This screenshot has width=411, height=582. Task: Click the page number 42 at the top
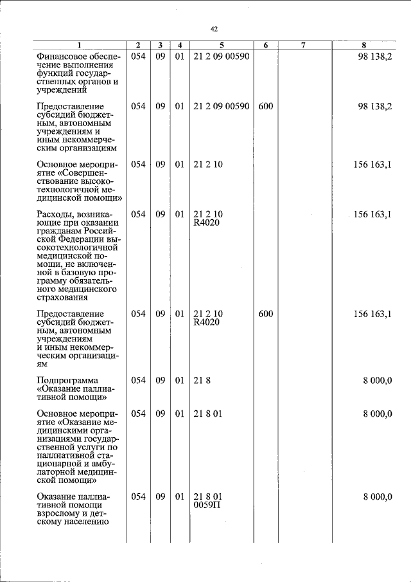214,29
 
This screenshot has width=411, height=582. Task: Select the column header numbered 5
221,45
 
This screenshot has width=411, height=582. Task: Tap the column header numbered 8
364,45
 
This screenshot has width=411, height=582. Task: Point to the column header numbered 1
79,45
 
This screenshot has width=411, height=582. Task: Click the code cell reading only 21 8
202,380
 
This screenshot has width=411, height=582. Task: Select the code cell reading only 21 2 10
207,164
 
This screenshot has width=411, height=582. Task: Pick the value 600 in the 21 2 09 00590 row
265,105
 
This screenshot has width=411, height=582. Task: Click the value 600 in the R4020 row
265,314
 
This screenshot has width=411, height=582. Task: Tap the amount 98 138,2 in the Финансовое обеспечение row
374,56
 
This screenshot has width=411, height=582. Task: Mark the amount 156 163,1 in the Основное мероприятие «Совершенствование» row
372,164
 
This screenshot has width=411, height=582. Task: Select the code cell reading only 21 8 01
207,414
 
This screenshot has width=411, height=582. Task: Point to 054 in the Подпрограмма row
138,380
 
